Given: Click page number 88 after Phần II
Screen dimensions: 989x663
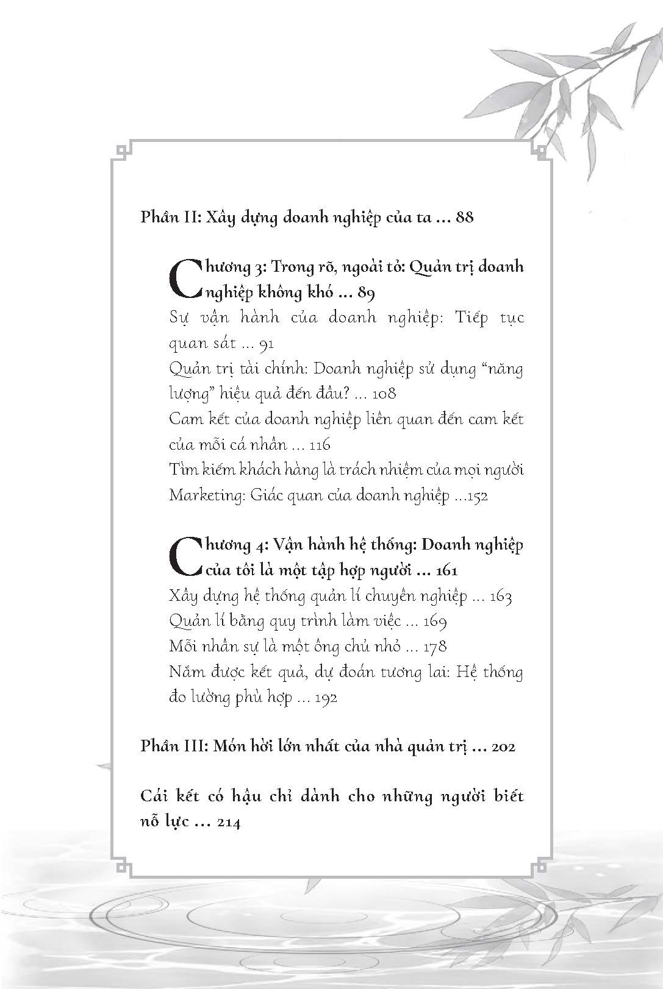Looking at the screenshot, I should (x=464, y=217).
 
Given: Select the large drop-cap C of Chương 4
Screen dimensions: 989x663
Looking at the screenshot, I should (x=182, y=557).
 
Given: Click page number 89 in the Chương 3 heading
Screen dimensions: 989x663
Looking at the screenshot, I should (x=366, y=293).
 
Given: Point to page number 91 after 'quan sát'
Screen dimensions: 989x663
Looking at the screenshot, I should (x=266, y=344).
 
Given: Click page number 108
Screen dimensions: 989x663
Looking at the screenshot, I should (x=384, y=394).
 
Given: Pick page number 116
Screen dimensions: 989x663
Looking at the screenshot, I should (x=320, y=445).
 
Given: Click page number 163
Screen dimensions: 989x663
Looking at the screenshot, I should (x=500, y=597).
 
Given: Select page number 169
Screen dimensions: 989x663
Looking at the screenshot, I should (x=434, y=622).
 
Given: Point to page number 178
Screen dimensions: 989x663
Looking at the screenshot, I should (x=434, y=647).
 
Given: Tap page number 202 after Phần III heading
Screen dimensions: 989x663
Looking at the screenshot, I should (x=503, y=746).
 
